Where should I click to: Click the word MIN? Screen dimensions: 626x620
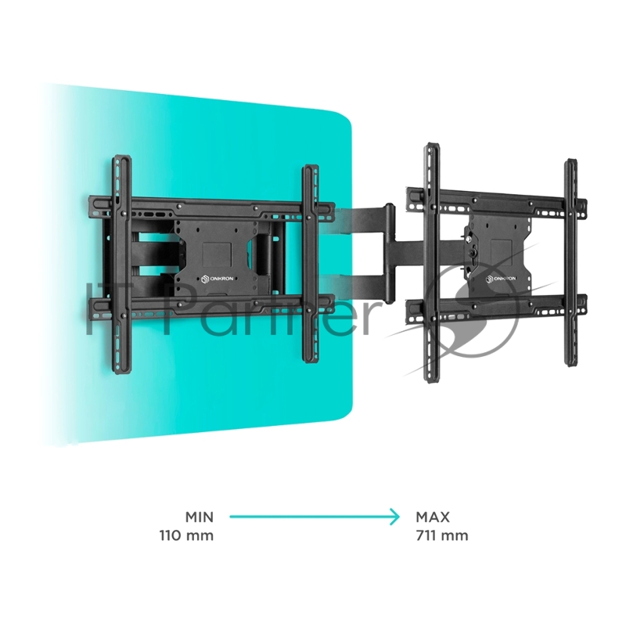[200, 517]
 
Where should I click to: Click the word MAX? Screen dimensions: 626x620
[433, 517]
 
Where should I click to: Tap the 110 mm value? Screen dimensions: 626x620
[186, 535]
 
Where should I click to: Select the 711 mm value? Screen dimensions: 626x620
[442, 535]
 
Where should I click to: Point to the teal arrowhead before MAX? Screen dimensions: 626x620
[395, 517]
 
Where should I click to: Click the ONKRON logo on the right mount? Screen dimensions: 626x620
[501, 279]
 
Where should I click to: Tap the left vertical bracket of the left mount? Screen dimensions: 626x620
[121, 264]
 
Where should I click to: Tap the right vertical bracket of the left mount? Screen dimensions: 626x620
[310, 264]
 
